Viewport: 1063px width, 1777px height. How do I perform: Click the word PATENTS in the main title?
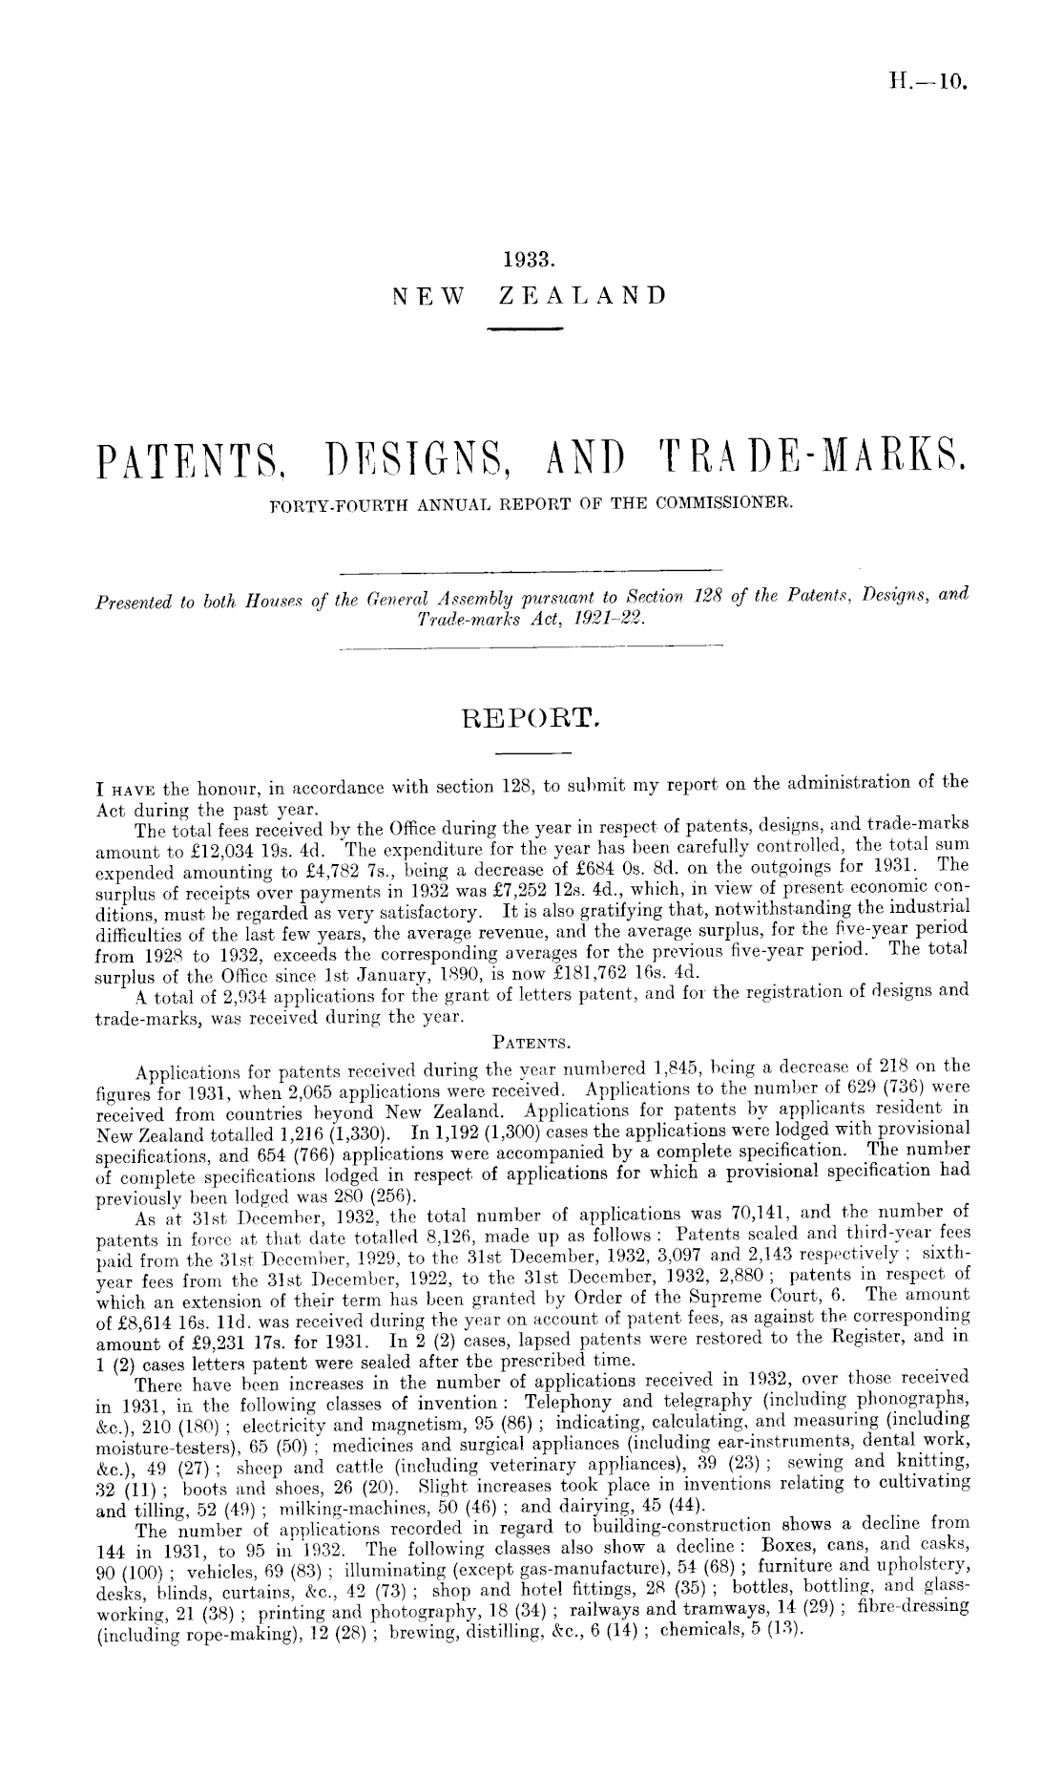click(193, 470)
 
